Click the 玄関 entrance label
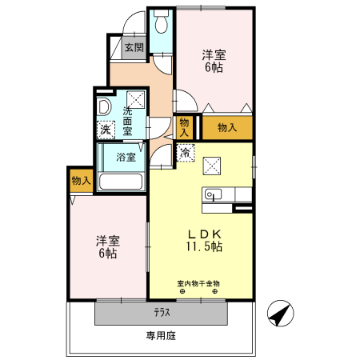pos(134,47)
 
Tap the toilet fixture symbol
pos(162,22)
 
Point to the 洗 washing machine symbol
pos(106,129)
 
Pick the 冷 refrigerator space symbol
pos(186,153)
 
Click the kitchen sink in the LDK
pos(212,194)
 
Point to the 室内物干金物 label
pos(198,282)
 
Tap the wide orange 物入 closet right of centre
pos(226,127)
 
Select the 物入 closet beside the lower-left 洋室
pos(81,181)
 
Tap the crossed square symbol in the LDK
pos(213,164)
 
